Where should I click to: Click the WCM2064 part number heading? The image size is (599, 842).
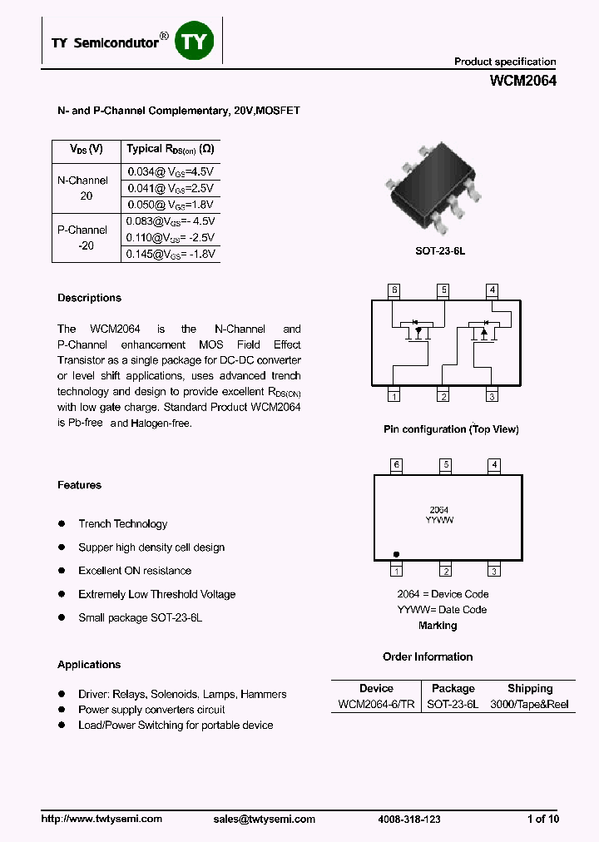[523, 82]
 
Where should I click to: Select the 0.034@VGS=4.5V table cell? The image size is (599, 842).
[171, 171]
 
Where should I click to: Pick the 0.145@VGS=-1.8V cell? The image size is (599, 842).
[171, 254]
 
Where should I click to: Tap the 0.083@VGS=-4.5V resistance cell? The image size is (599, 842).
[171, 221]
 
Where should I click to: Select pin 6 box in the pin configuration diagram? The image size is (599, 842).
[394, 290]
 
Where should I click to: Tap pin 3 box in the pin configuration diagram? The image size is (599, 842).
[493, 397]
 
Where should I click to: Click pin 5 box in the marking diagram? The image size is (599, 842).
[446, 465]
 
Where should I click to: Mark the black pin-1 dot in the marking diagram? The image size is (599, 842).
[397, 553]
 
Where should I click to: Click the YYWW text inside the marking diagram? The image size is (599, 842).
[439, 519]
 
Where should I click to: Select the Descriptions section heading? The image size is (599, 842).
[89, 298]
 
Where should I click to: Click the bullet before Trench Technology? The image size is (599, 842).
[62, 523]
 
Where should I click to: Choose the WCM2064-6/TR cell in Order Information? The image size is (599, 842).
[376, 704]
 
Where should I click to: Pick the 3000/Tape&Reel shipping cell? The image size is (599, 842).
[530, 704]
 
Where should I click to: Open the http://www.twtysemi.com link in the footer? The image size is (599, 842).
[101, 819]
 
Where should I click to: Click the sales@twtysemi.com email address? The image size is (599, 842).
[264, 819]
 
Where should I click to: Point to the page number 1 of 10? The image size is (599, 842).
[543, 819]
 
